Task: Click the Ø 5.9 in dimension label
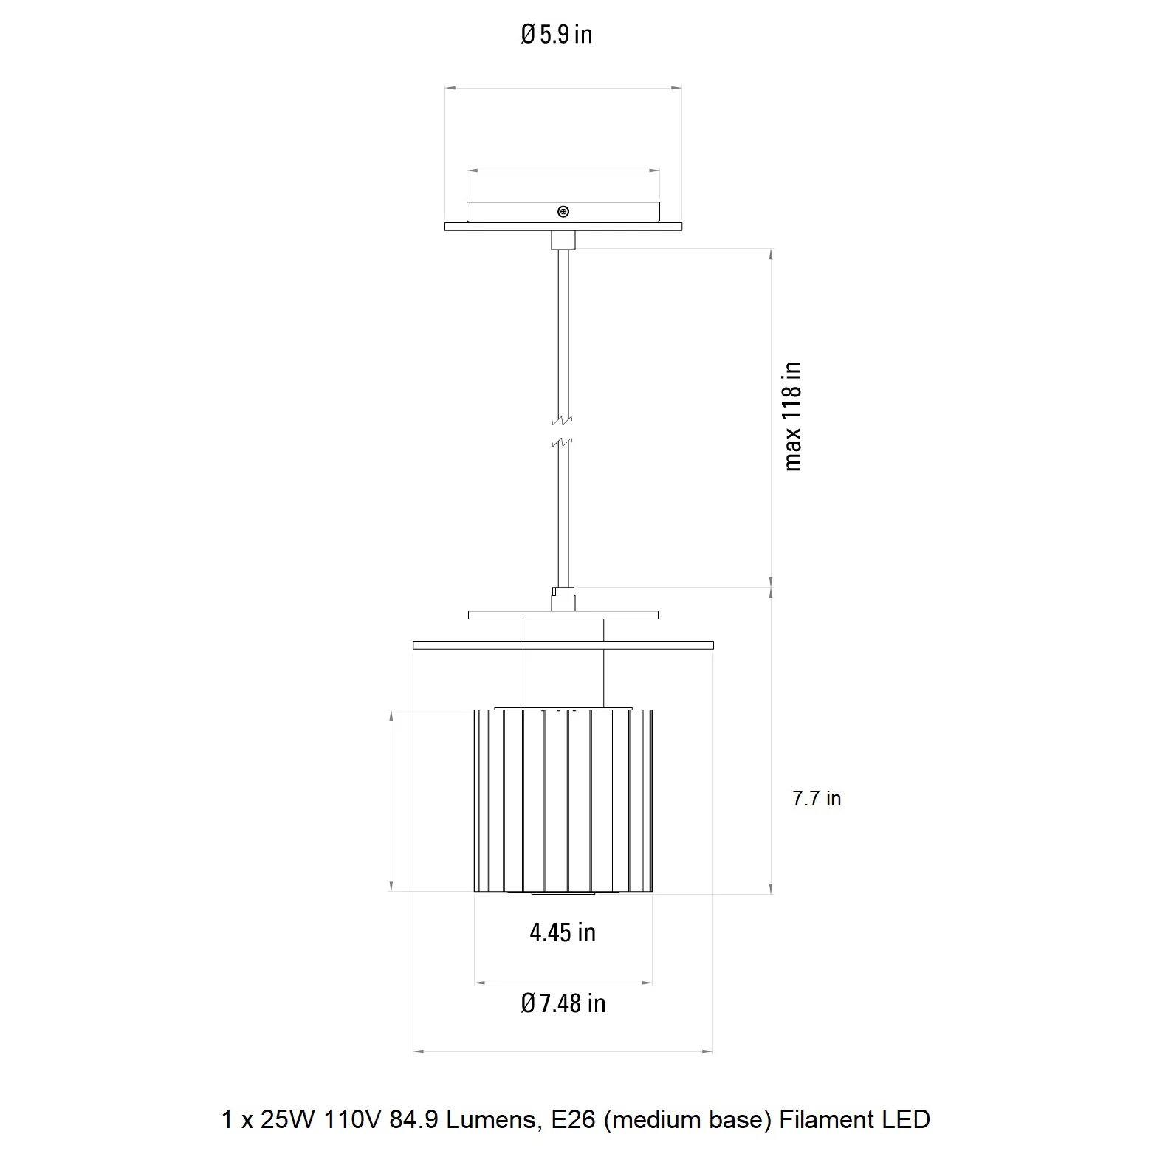(x=557, y=34)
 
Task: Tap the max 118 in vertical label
(x=791, y=416)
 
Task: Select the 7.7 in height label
(x=817, y=798)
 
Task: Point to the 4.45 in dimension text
(x=563, y=932)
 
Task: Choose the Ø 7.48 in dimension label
(x=563, y=1003)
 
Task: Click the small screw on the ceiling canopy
(x=563, y=212)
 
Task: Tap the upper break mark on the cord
(x=563, y=422)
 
